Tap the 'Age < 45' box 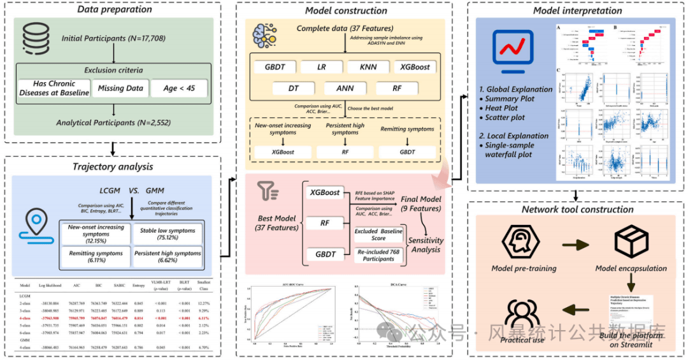(179, 89)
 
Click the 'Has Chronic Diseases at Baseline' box (53, 89)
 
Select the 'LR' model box (322, 67)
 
